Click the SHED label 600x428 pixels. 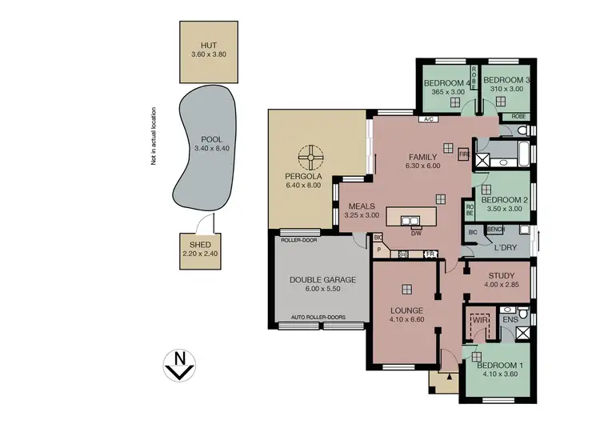[198, 245]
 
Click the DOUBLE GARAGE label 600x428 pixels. [322, 279]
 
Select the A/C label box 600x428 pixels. [428, 119]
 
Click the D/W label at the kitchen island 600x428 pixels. [416, 234]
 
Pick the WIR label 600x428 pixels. [481, 319]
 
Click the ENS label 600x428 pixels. [509, 319]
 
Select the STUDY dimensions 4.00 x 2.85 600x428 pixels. [501, 285]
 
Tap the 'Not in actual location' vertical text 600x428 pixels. [153, 136]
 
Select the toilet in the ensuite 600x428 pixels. [522, 312]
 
